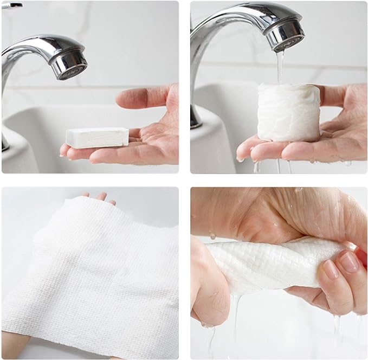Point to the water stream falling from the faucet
tap(280, 68)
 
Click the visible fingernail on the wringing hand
tap(348, 262)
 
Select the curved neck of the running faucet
tap(217, 22)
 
